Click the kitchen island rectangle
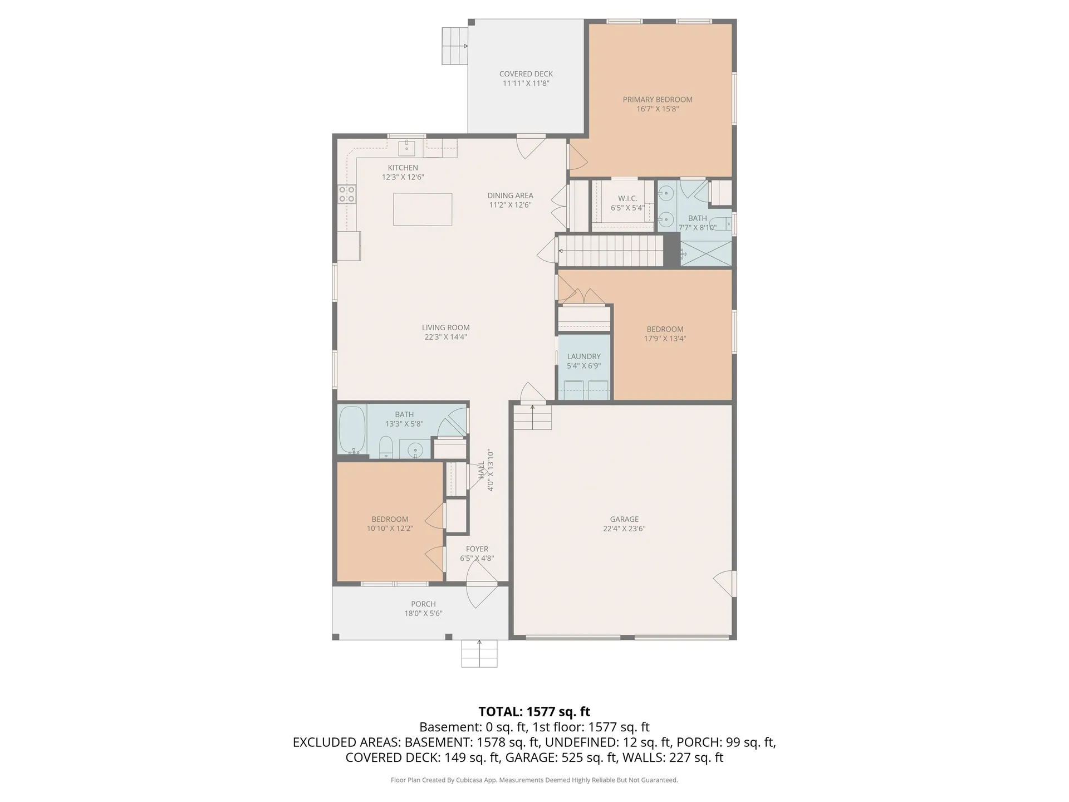click(422, 209)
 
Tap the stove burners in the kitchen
click(347, 194)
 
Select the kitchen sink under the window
click(406, 148)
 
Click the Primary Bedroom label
click(658, 100)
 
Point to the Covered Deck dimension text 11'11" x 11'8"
click(526, 84)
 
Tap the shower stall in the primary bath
click(705, 253)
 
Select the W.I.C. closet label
click(627, 198)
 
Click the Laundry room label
click(583, 356)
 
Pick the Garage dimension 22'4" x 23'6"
click(624, 529)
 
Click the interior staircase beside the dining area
click(611, 251)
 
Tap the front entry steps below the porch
click(479, 653)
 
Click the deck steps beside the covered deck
click(454, 46)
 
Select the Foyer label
click(477, 549)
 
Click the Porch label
click(423, 604)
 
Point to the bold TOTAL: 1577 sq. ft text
click(534, 711)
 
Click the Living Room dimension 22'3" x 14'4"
click(445, 337)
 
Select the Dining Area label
click(510, 195)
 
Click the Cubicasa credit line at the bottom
click(534, 780)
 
